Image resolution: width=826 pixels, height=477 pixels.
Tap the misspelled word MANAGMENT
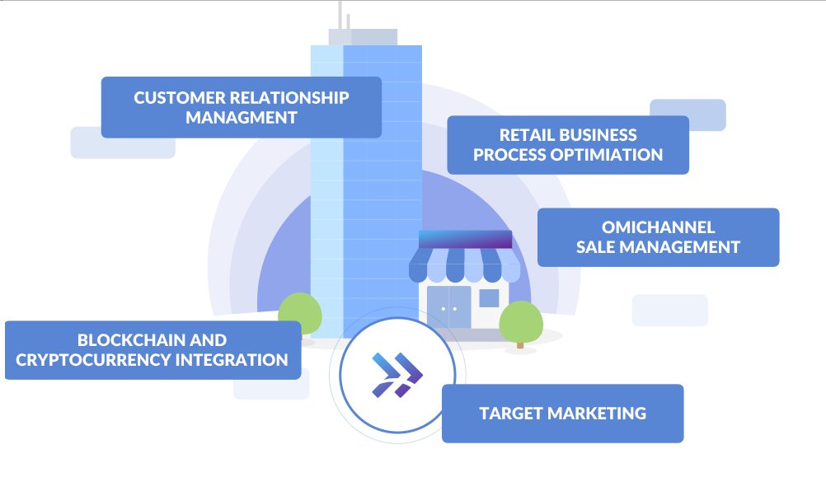pyautogui.click(x=242, y=118)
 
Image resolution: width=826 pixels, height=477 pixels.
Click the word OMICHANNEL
pyautogui.click(x=659, y=227)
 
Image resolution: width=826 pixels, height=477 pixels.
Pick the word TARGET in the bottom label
pyautogui.click(x=511, y=414)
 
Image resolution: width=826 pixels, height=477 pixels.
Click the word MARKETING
pyautogui.click(x=597, y=414)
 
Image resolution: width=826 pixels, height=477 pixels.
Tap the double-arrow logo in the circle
pyautogui.click(x=397, y=375)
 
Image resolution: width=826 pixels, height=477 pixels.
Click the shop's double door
pyautogui.click(x=448, y=307)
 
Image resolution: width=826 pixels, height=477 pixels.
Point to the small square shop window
pyautogui.click(x=489, y=298)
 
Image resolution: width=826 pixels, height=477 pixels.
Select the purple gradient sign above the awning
pyautogui.click(x=465, y=239)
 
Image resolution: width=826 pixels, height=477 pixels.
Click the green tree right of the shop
pyautogui.click(x=520, y=322)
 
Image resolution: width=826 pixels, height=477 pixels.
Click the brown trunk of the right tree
pyautogui.click(x=520, y=345)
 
